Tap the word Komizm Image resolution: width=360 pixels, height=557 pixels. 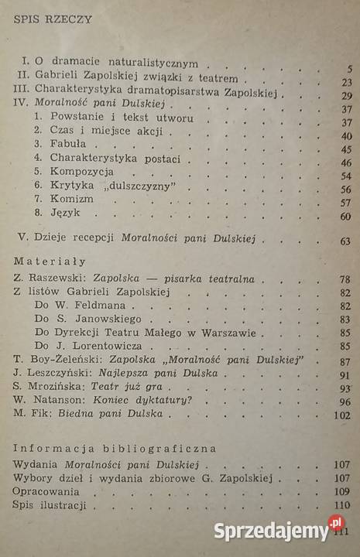[72, 199]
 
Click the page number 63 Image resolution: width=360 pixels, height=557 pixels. [346, 242]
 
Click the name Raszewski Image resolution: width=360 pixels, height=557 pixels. [56, 278]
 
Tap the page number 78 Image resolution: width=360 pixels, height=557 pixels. [345, 279]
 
